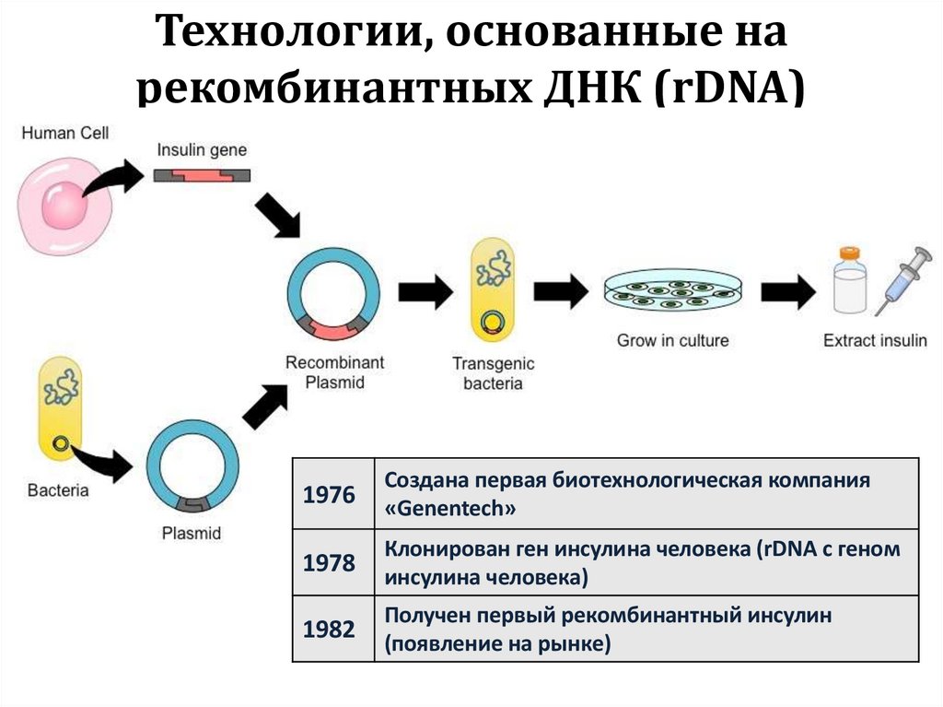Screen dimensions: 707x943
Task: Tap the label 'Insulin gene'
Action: point(201,149)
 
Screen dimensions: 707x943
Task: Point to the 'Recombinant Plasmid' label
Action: point(334,371)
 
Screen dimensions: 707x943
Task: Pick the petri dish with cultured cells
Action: point(672,291)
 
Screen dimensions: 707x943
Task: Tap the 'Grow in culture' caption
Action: point(672,340)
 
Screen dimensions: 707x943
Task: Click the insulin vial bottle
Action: point(849,281)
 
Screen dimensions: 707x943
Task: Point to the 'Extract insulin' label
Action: point(875,340)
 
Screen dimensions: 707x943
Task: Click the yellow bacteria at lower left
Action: point(60,410)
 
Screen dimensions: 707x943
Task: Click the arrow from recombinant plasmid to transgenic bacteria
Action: point(425,292)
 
